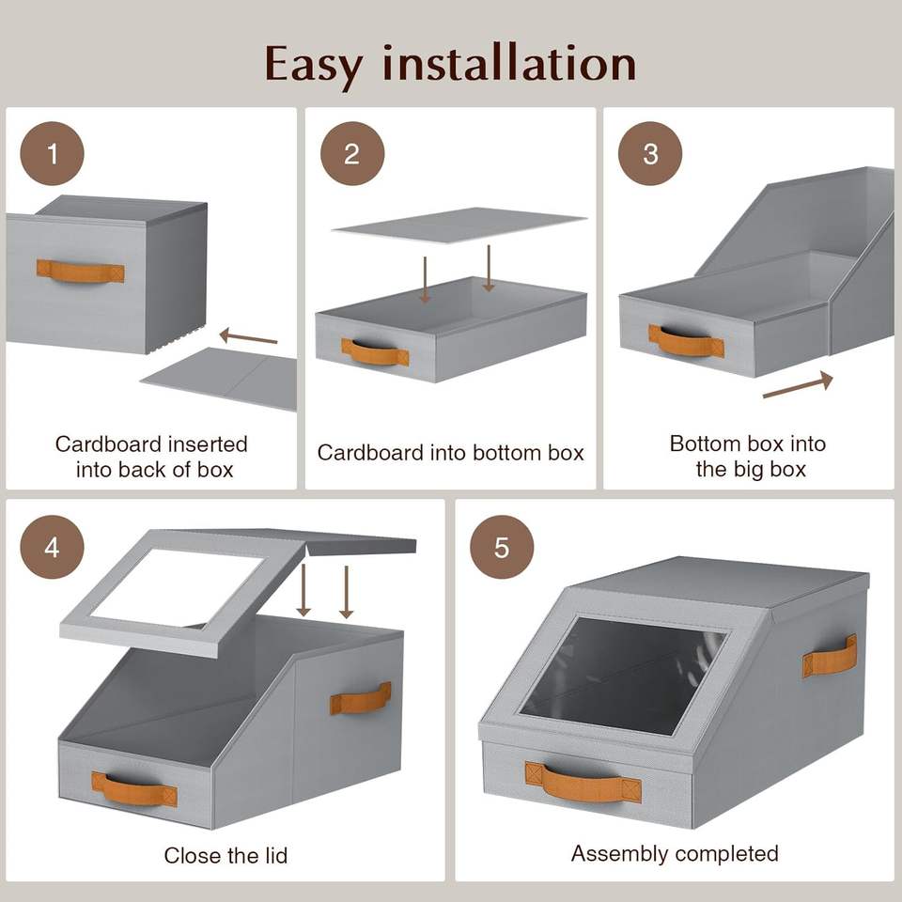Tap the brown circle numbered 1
(53, 153)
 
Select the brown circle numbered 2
(351, 154)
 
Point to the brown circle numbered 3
(650, 154)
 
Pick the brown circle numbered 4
(52, 547)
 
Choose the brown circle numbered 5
(502, 547)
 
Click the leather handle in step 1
(80, 272)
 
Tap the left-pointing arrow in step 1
(249, 336)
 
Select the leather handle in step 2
(375, 352)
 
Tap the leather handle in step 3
(686, 340)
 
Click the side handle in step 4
(360, 697)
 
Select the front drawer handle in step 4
(133, 788)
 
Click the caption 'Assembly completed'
(675, 853)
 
